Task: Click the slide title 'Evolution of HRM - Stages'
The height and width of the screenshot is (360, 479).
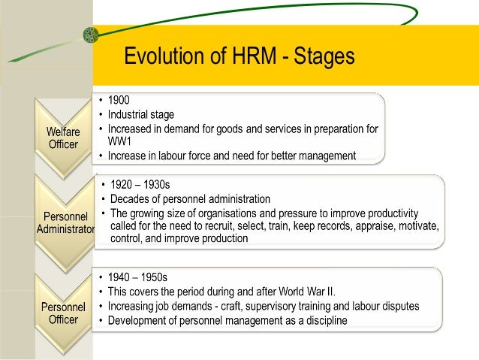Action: point(239,56)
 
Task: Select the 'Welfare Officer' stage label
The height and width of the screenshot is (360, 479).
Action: point(64,138)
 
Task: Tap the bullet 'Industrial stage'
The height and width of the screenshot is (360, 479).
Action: point(141,114)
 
